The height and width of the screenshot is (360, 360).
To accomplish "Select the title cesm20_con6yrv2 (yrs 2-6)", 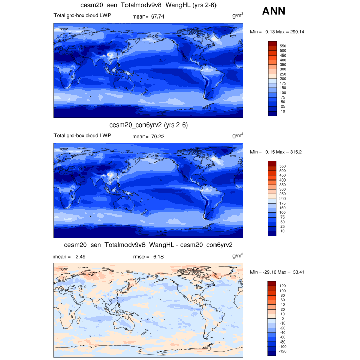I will [x=148, y=125].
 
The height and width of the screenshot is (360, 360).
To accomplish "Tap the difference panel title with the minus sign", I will [x=148, y=245].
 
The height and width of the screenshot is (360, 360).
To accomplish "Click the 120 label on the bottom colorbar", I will [x=283, y=285].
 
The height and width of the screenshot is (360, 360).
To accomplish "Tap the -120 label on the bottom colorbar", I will [x=283, y=352].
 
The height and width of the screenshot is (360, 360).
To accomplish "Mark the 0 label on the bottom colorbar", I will [x=281, y=318].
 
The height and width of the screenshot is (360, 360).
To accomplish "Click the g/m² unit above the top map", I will [x=238, y=16].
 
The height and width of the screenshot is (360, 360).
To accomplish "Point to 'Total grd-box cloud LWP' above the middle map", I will [x=82, y=136].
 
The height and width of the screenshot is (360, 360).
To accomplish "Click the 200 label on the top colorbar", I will [x=283, y=78].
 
